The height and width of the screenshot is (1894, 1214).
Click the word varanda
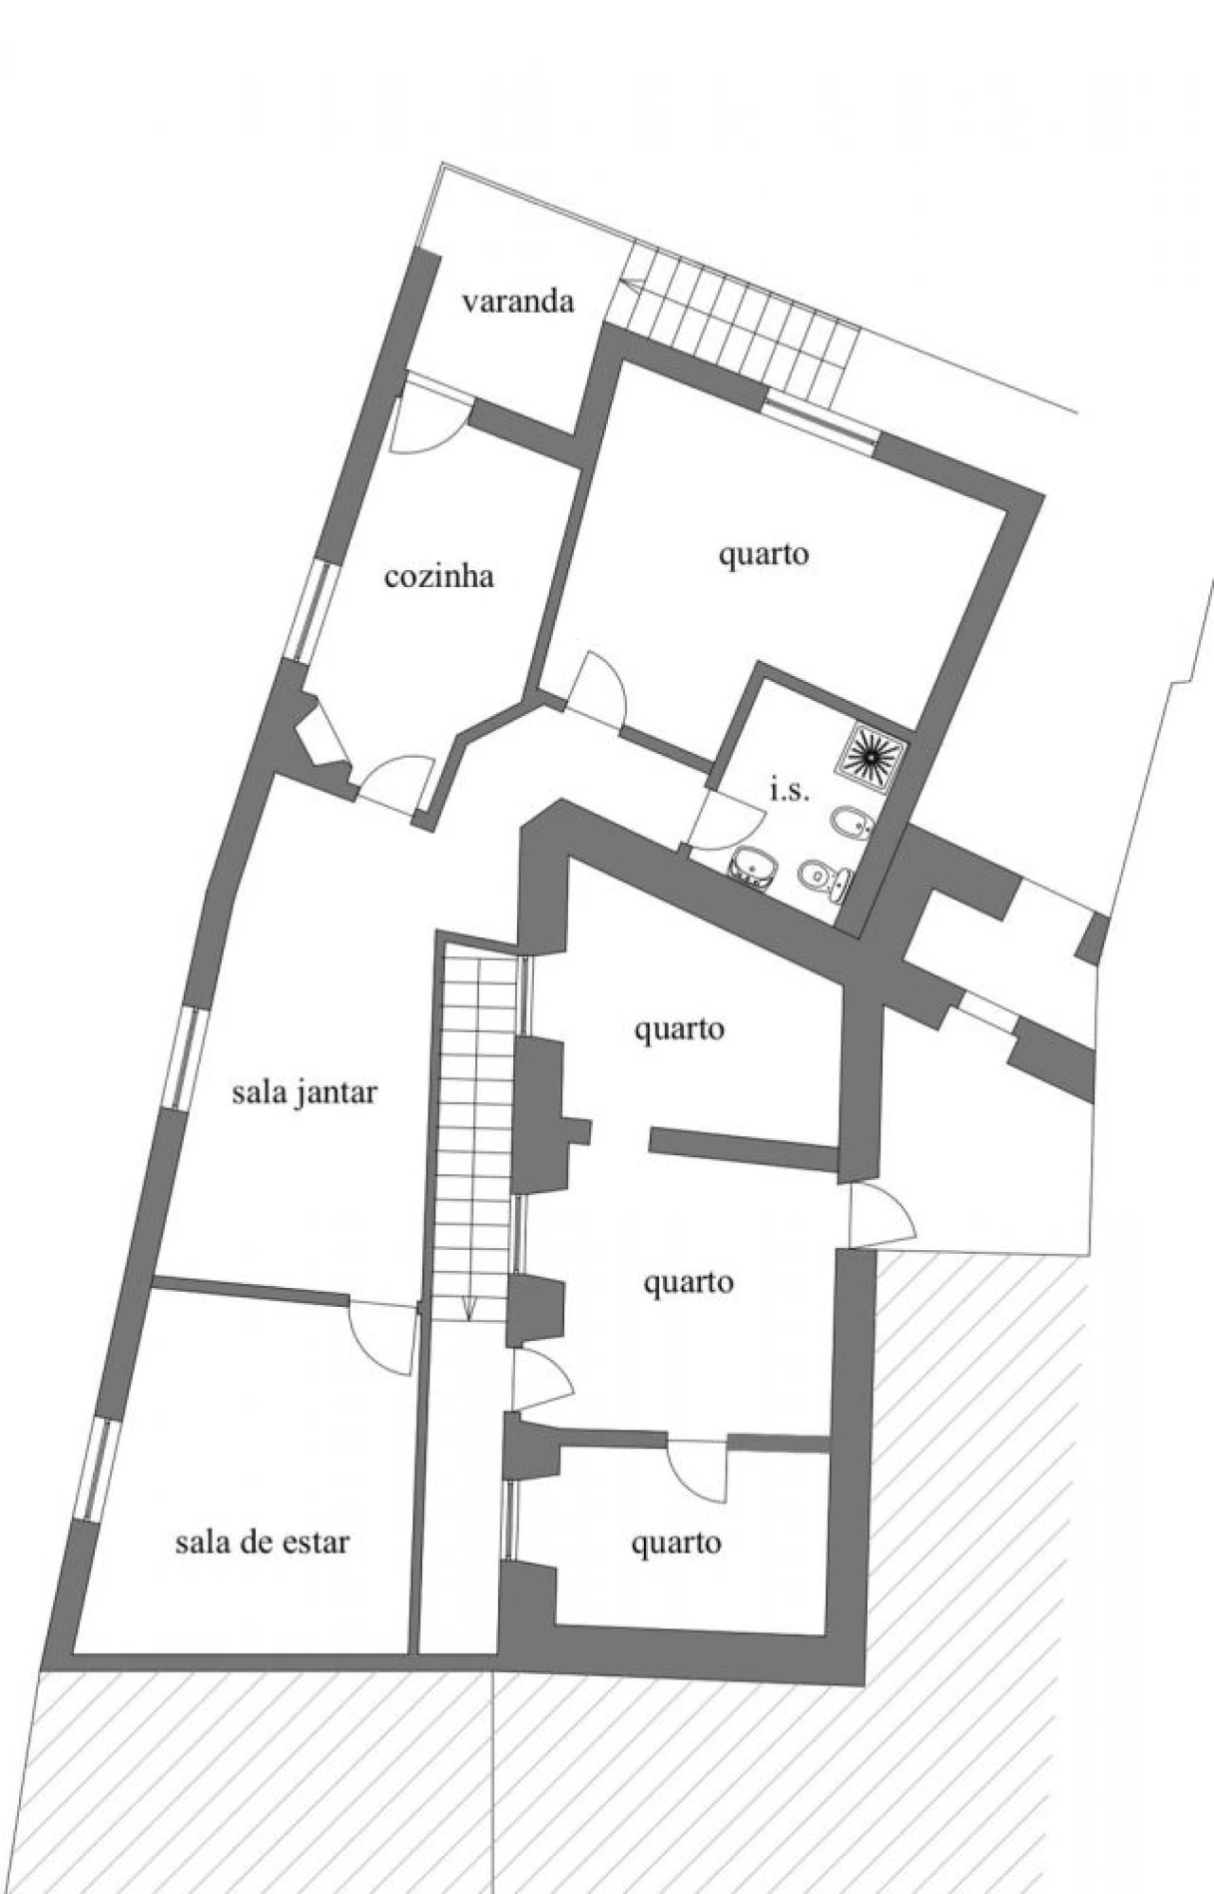point(518,302)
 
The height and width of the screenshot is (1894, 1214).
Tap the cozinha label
point(438,577)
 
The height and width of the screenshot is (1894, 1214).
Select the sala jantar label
point(304,1093)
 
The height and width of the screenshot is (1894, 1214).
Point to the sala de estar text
point(262,1542)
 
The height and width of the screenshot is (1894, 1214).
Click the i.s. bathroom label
point(789,790)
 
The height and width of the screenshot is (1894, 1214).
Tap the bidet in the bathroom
point(848,822)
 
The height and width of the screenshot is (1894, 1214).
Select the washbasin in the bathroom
point(754,864)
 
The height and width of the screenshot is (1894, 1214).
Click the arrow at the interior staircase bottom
point(469,1308)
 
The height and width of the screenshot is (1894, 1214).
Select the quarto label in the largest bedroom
point(763,554)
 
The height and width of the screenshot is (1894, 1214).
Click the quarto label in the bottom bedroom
point(676,1544)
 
